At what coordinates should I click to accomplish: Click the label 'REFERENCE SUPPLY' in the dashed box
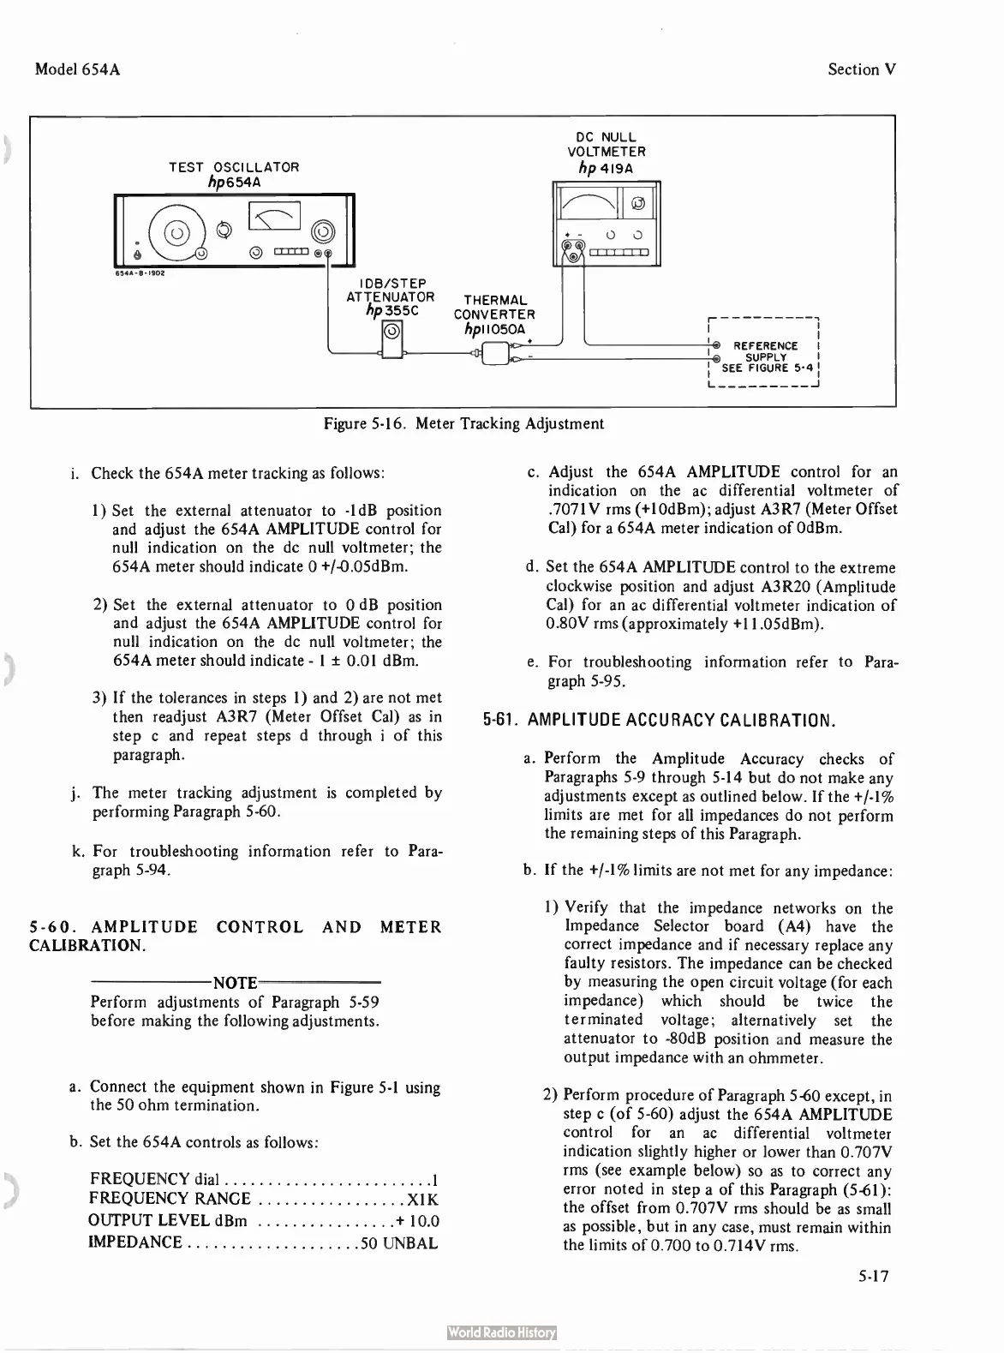click(766, 351)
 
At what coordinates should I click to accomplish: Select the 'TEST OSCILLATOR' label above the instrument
click(234, 167)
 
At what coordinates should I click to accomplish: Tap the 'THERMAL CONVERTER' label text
click(494, 307)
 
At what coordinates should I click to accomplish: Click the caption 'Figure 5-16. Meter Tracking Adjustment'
click(463, 423)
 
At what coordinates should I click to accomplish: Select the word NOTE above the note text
click(235, 983)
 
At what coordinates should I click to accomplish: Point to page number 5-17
click(874, 1277)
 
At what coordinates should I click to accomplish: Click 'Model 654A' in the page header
click(77, 69)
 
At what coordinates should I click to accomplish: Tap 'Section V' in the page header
click(862, 69)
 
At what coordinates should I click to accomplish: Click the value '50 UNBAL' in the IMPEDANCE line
click(399, 1242)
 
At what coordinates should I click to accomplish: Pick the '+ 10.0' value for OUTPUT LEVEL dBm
click(418, 1221)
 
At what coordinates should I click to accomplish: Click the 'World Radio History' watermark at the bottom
click(502, 1332)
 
